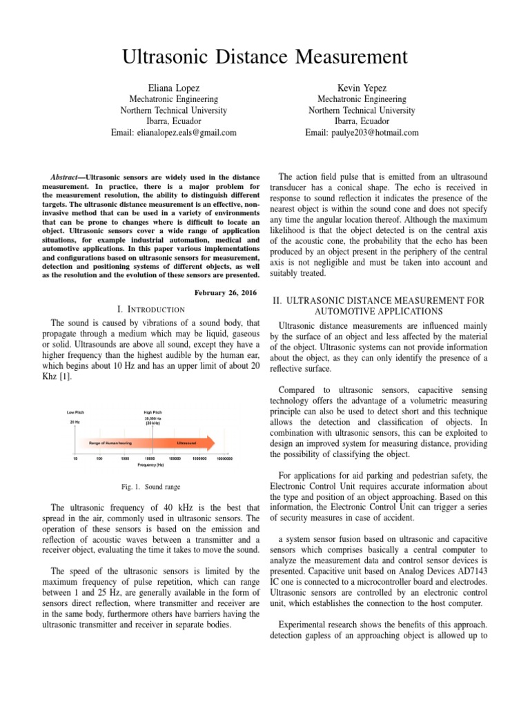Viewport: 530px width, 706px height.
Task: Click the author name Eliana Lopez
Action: coord(173,88)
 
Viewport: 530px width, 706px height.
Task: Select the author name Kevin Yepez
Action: coord(362,88)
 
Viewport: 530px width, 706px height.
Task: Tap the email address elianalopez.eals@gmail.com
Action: coord(174,132)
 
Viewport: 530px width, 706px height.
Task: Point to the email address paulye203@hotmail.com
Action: coord(362,132)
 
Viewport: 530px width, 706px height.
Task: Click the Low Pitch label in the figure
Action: coord(75,412)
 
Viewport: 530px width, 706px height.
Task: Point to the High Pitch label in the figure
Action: coord(153,412)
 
